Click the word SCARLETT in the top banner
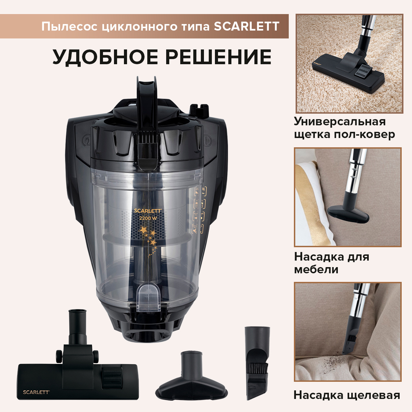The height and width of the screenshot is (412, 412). point(247,26)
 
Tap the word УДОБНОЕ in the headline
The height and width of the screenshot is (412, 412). point(106,57)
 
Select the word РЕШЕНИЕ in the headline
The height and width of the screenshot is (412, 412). point(219,57)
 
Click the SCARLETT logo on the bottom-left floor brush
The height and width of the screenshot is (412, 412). point(36,392)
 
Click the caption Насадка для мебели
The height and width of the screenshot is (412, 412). point(331,263)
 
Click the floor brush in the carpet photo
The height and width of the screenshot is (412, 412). point(347,72)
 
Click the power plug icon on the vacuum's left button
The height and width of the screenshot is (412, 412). point(87,141)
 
